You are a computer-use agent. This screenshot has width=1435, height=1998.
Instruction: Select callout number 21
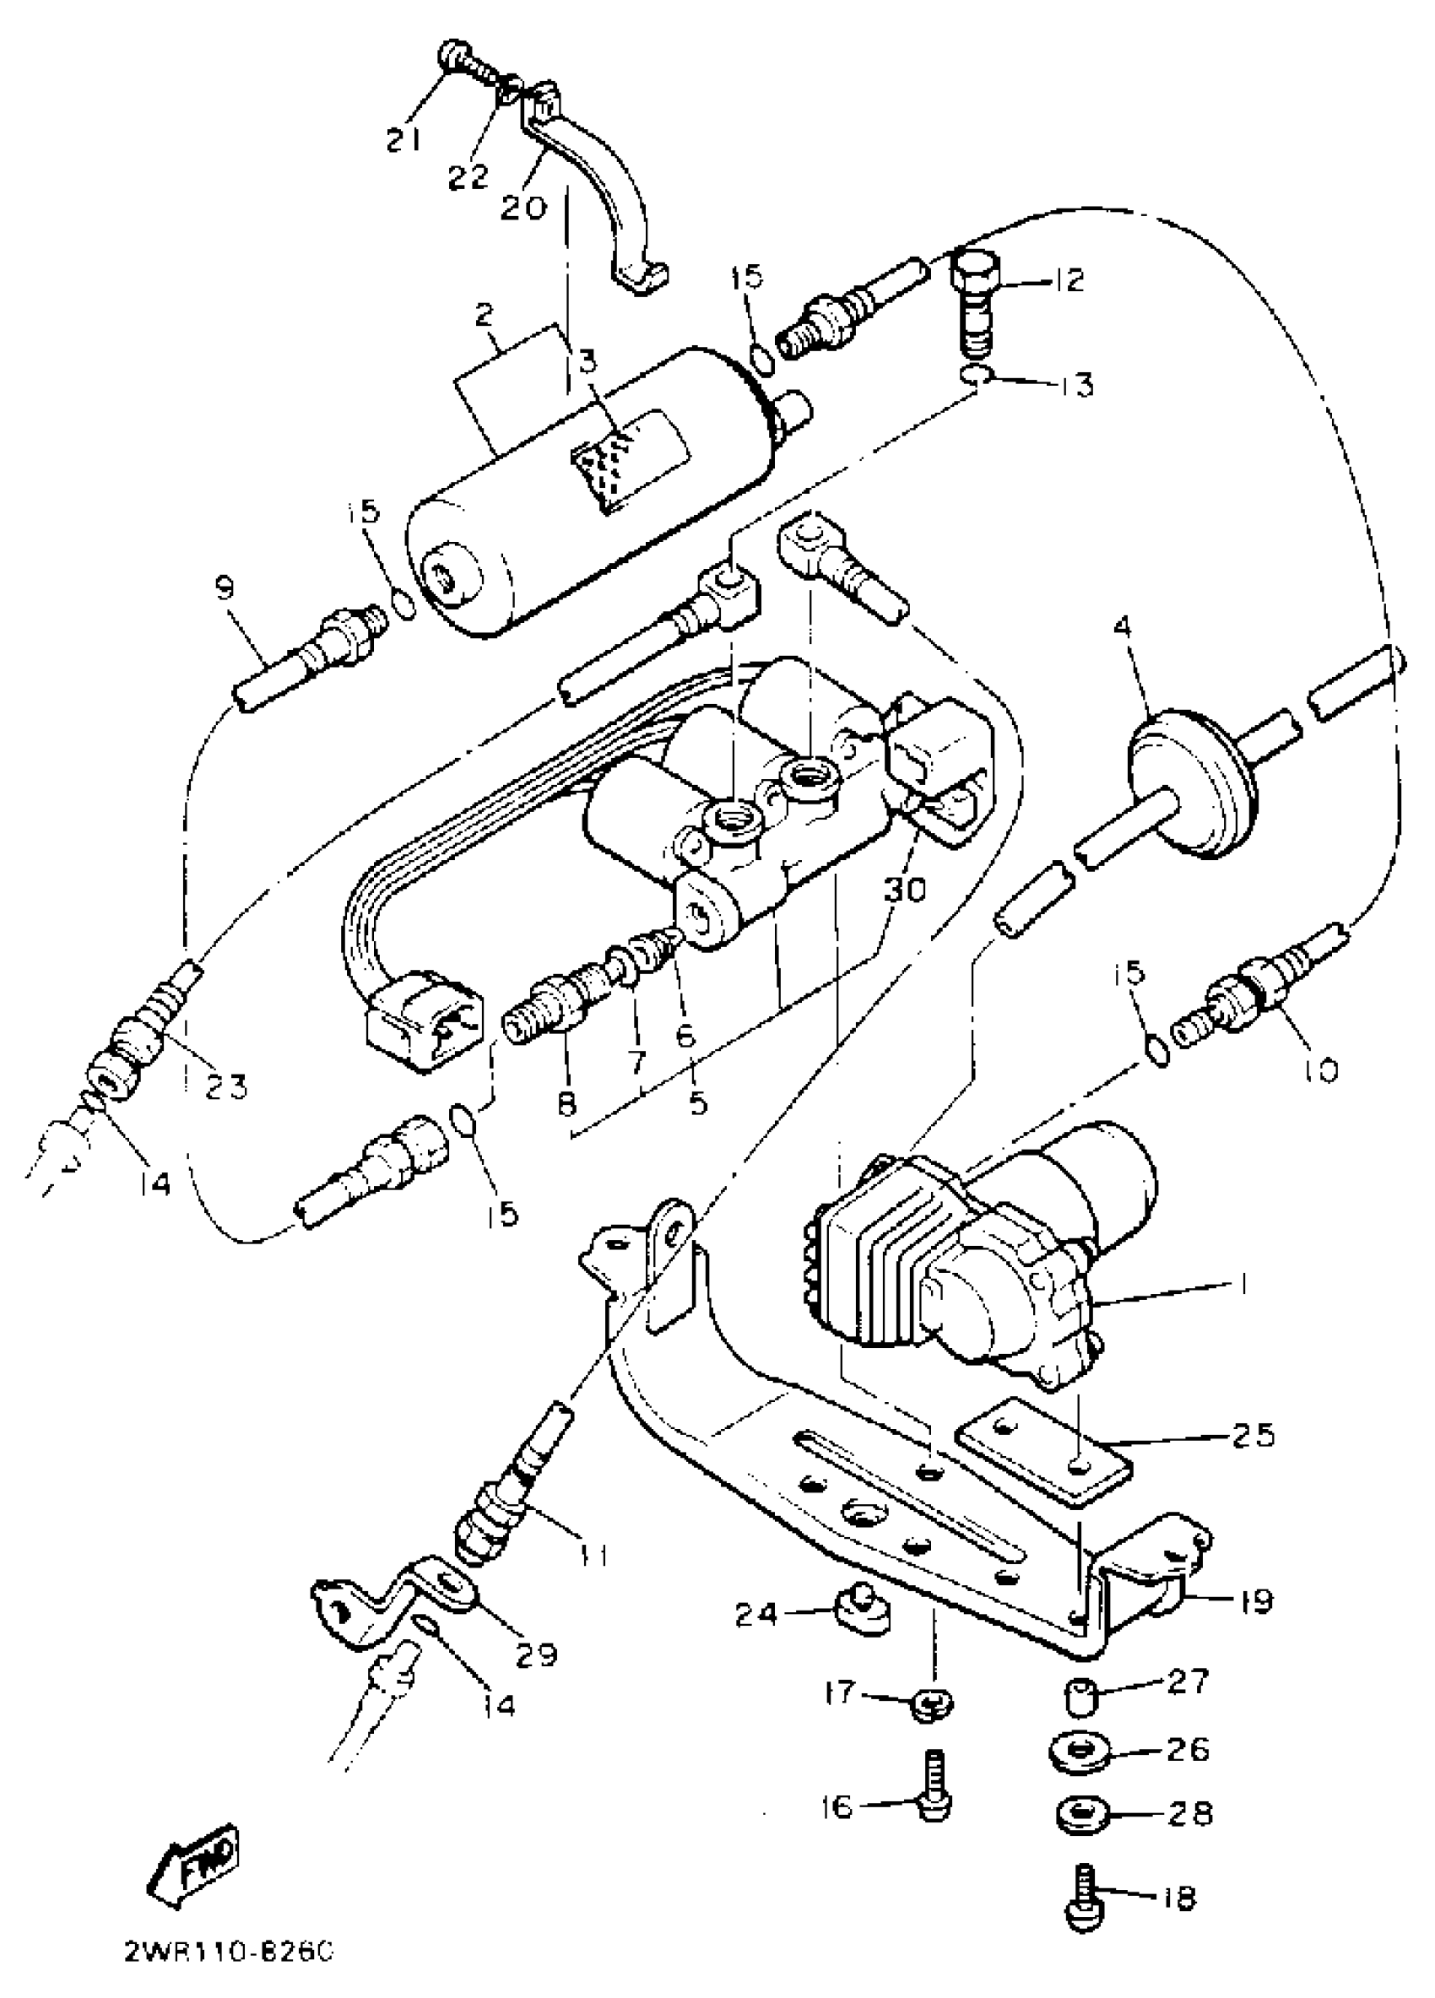click(404, 138)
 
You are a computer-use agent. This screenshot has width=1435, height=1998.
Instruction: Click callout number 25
click(1254, 1435)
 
